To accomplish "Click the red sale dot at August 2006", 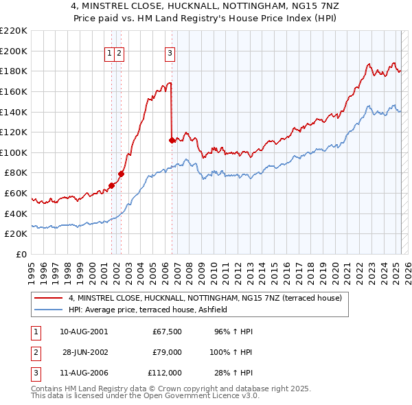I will point(171,140).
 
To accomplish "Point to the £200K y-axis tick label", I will point(14,51).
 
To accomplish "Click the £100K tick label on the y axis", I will point(14,152).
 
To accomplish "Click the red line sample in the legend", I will point(48,298).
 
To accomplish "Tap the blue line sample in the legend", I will point(48,310).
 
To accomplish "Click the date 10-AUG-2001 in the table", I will point(84,332).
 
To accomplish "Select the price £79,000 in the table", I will point(167,353).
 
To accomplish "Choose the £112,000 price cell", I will point(165,373).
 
